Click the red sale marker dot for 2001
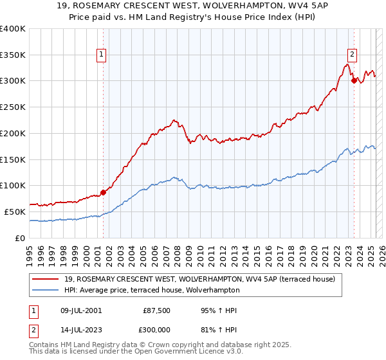(x=103, y=192)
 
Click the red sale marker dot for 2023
(x=354, y=80)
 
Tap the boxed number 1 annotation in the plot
(x=102, y=55)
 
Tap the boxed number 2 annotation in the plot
(x=353, y=55)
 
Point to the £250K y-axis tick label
(x=13, y=107)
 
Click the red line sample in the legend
(x=45, y=278)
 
